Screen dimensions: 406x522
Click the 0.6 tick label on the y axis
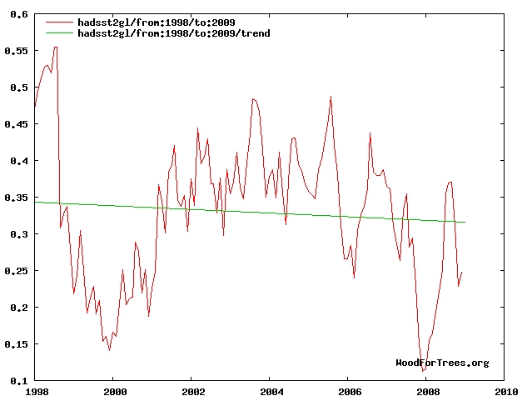[x=18, y=14]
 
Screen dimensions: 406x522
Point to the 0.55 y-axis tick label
[x=16, y=51]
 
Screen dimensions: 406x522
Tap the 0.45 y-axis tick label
[x=16, y=124]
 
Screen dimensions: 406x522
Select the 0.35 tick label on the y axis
[x=16, y=198]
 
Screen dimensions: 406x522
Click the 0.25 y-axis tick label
[x=16, y=271]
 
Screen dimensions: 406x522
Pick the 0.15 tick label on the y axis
[x=16, y=344]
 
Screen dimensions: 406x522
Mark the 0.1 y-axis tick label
[x=18, y=381]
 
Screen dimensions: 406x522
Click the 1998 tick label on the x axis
[x=36, y=390]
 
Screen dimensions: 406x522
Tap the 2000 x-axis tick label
[x=114, y=390]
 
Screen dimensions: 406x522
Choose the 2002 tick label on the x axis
[x=192, y=390]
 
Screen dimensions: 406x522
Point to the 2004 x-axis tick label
[x=271, y=390]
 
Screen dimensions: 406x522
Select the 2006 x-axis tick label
[x=349, y=390]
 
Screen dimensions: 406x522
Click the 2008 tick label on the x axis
[x=427, y=390]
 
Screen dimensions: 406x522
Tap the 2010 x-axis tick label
[x=505, y=390]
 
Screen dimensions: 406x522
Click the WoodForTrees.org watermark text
[x=442, y=363]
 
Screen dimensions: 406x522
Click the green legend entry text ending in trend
[x=172, y=33]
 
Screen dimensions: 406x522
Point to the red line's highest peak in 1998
[x=56, y=47]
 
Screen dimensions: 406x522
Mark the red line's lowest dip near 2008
[x=423, y=372]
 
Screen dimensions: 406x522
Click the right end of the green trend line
[x=465, y=223]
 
